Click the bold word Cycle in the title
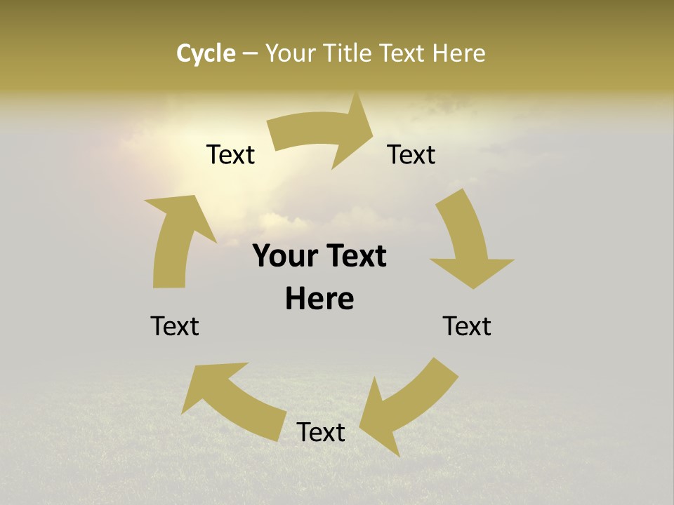pos(206,53)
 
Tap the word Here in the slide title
pos(458,53)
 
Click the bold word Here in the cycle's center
pos(319,299)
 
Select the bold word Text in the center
pos(355,257)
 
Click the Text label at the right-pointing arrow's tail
pos(230,155)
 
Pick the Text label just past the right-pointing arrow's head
pos(411,155)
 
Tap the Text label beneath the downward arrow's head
pos(467,326)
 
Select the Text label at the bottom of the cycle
pos(321,432)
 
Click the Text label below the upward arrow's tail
pos(175,326)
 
